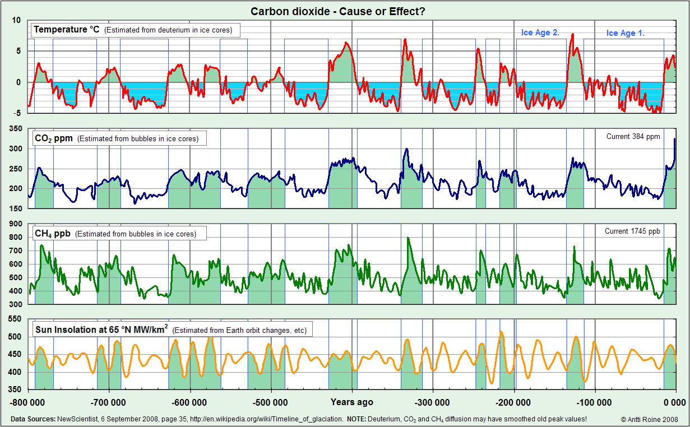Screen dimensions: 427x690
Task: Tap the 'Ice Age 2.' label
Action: tap(540, 33)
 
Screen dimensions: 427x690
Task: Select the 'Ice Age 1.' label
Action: tap(625, 33)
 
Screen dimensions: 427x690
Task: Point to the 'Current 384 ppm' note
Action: tap(633, 136)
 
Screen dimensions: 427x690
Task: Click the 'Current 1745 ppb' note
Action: tap(632, 231)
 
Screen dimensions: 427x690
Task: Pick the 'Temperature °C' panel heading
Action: tap(67, 30)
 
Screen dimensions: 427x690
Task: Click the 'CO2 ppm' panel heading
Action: tap(53, 138)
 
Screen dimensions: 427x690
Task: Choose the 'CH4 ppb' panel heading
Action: tap(52, 233)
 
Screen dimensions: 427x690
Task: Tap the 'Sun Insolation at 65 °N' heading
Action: tap(101, 329)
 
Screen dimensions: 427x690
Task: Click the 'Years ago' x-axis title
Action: tap(351, 402)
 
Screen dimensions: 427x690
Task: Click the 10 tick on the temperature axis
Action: tap(16, 20)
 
